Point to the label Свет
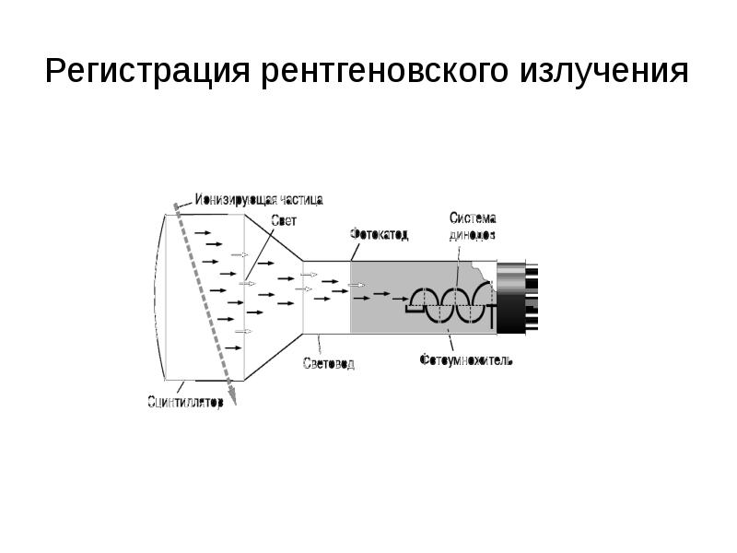(284, 219)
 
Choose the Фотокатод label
(380, 235)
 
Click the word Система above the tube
(473, 218)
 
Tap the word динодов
(473, 235)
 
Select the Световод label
(329, 363)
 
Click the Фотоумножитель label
(465, 359)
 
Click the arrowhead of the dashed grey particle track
(232, 397)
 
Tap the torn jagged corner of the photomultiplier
(479, 273)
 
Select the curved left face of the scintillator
(159, 295)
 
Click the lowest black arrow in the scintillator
(233, 347)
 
